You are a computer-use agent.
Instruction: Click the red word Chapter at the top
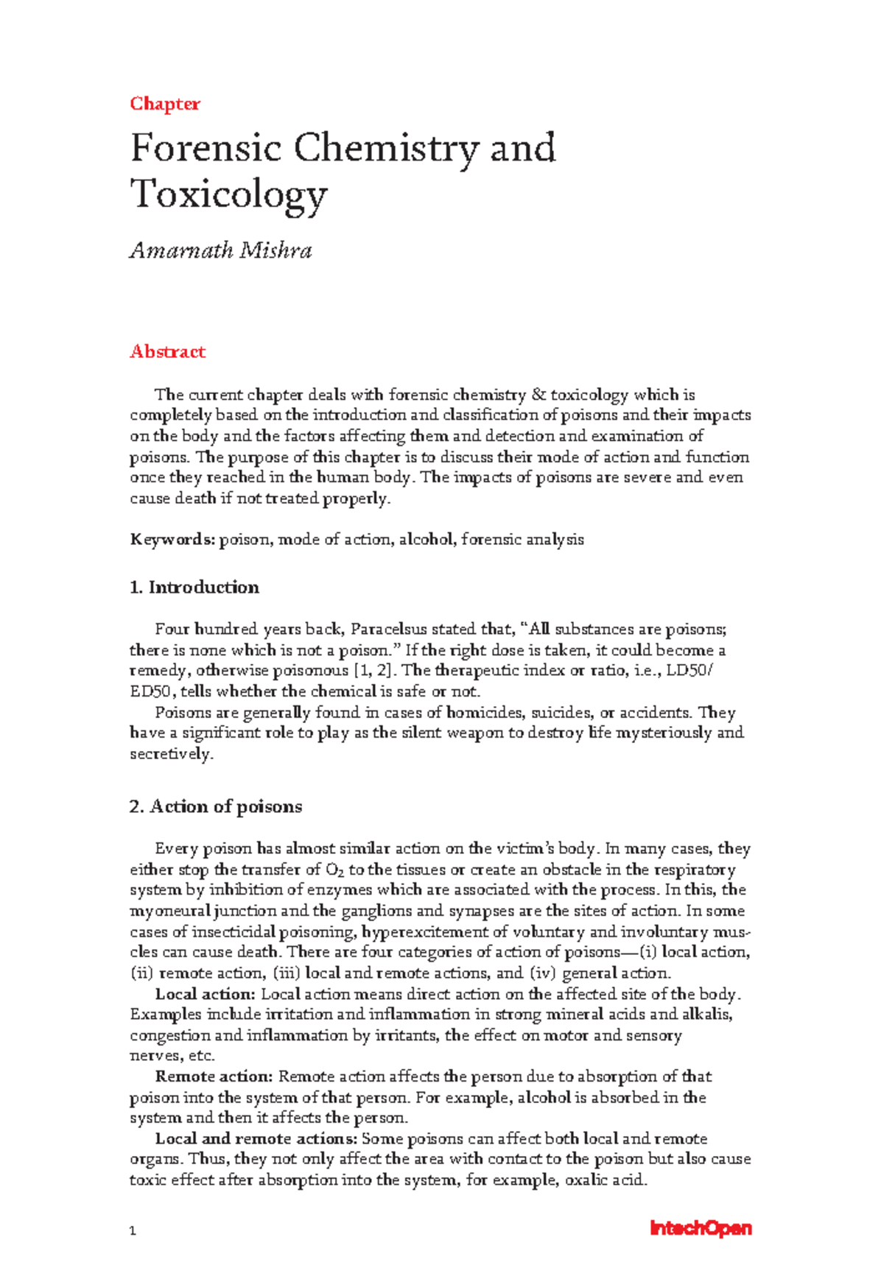(165, 104)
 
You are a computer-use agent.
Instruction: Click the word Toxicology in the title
(228, 194)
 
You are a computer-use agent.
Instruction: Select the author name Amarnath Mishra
(221, 251)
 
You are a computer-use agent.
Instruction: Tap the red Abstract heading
(167, 352)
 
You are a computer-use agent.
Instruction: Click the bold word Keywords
(172, 540)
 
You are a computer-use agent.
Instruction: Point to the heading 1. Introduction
(194, 588)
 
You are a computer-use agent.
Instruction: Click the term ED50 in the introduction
(152, 692)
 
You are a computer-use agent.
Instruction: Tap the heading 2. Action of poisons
(216, 807)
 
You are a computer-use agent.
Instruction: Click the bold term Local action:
(205, 994)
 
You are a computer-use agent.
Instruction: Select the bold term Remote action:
(214, 1077)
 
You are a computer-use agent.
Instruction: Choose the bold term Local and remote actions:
(256, 1139)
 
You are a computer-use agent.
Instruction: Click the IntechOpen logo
(700, 1228)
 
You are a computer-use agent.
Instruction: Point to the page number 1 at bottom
(133, 1231)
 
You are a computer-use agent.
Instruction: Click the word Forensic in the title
(206, 148)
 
